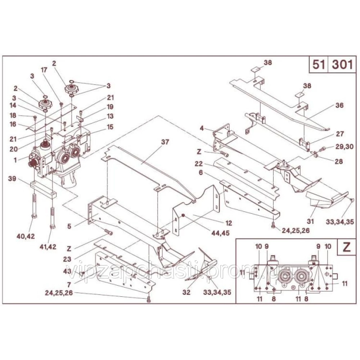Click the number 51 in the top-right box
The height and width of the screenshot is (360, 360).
[x=318, y=65]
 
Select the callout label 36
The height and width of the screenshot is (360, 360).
[x=339, y=105]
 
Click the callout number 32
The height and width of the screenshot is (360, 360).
[x=186, y=292]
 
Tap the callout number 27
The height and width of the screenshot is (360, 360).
[x=339, y=133]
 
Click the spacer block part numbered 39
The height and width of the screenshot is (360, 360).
[x=44, y=189]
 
